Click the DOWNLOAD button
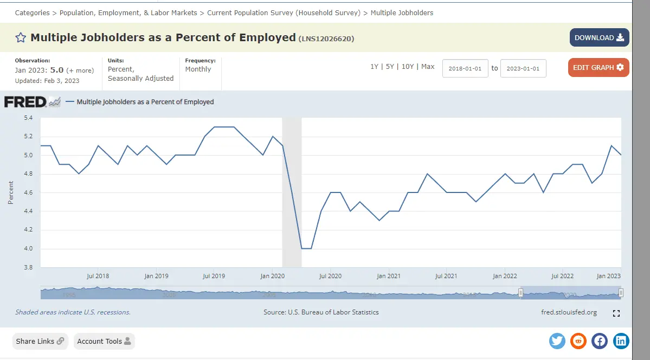pos(599,37)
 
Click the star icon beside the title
pos(21,37)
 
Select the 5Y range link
pos(390,66)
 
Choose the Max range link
pos(428,66)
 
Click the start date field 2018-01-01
pos(465,68)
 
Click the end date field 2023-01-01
pos(523,68)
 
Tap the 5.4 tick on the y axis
pos(28,118)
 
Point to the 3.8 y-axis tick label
pos(28,267)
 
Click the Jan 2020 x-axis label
pos(273,276)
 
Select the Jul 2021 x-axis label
pos(446,276)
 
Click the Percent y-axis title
pos(11,192)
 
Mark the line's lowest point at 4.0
pos(306,248)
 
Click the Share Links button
pos(40,341)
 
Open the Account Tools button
pos(104,341)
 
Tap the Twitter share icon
pos(557,341)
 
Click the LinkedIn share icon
pos(621,341)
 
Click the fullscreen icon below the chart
pos(616,313)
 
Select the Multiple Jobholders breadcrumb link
pos(402,12)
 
